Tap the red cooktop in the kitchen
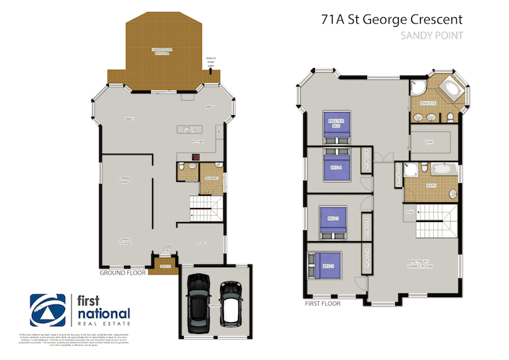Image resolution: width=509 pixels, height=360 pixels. [197, 157]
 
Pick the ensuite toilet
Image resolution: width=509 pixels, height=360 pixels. [449, 117]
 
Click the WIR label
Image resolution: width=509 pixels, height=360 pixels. [429, 141]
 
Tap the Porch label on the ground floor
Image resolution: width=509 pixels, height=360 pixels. [165, 266]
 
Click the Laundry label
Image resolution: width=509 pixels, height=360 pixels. [211, 179]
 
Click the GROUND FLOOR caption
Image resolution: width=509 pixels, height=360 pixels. [123, 272]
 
